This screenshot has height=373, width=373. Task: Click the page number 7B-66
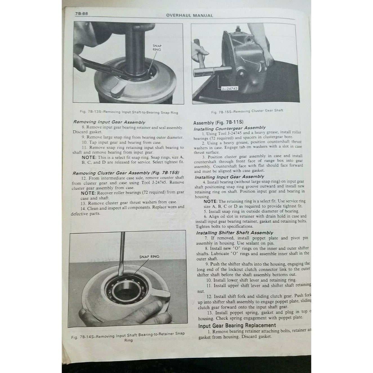click(x=82, y=14)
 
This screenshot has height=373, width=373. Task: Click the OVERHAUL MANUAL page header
click(x=189, y=15)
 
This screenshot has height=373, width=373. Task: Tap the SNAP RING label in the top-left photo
click(x=157, y=48)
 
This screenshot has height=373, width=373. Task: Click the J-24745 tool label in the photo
click(x=229, y=88)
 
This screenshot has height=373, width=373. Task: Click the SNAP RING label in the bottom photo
click(x=149, y=256)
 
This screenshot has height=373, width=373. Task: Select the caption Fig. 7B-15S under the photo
click(x=247, y=111)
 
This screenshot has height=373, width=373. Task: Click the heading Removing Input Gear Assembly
click(x=109, y=122)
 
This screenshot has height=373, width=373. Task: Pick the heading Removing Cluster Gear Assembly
click(x=126, y=173)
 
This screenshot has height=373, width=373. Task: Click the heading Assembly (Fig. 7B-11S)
click(x=218, y=123)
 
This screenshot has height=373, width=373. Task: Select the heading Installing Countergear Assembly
click(x=230, y=128)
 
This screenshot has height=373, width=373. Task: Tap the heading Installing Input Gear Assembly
click(x=229, y=177)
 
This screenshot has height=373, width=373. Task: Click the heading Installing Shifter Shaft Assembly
click(x=234, y=233)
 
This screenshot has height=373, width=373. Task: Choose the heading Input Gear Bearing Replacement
click(x=237, y=326)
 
